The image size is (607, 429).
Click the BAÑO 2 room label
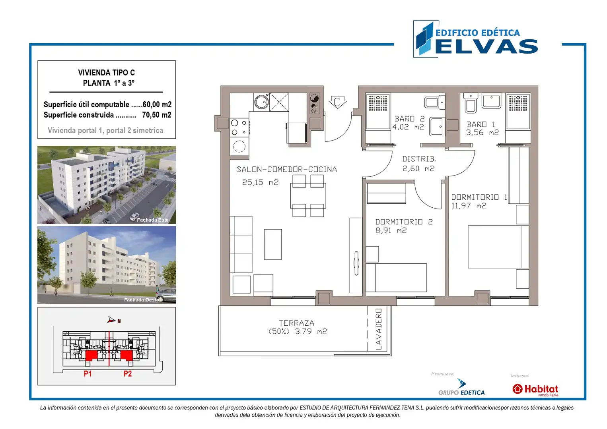point(409,119)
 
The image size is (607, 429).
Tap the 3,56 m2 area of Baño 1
point(482,132)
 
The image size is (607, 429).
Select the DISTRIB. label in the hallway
point(419,158)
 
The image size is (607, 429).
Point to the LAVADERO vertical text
point(379,329)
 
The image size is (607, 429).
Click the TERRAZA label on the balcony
point(296,323)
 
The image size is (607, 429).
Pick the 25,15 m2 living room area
point(260,182)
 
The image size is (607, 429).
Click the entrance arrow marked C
point(337,102)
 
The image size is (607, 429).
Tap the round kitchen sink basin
point(261,102)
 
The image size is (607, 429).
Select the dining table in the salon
point(308,196)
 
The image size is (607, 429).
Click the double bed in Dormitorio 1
point(498,247)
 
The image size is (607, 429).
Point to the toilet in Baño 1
point(471,103)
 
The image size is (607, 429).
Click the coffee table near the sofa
point(273,244)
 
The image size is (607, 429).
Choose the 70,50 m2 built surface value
point(157,115)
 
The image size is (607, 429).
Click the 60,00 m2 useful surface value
point(157,104)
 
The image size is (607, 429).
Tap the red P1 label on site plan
point(88,374)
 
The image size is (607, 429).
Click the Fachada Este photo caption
point(153,220)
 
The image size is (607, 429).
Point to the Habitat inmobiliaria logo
point(535,390)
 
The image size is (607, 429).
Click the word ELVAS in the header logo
point(486,46)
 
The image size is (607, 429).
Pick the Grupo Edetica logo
point(461,387)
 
